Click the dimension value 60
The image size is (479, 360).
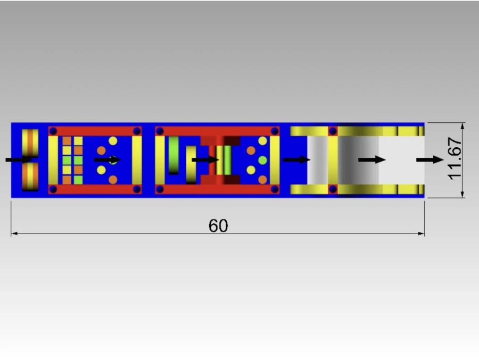[218, 225]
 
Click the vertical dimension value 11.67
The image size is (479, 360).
[455, 159]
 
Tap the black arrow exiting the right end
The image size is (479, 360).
[430, 160]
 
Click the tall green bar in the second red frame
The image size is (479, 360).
[174, 155]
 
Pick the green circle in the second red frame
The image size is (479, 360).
[262, 160]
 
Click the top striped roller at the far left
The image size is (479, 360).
[30, 143]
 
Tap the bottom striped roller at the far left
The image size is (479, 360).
[30, 177]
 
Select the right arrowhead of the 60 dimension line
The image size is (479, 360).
[422, 233]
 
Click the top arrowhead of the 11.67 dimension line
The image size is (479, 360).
[463, 125]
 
